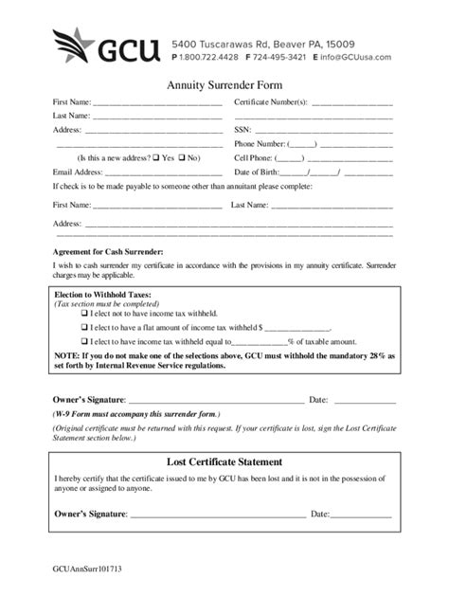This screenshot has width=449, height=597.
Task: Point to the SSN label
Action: point(242,130)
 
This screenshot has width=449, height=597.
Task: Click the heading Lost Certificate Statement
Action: point(224,461)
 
